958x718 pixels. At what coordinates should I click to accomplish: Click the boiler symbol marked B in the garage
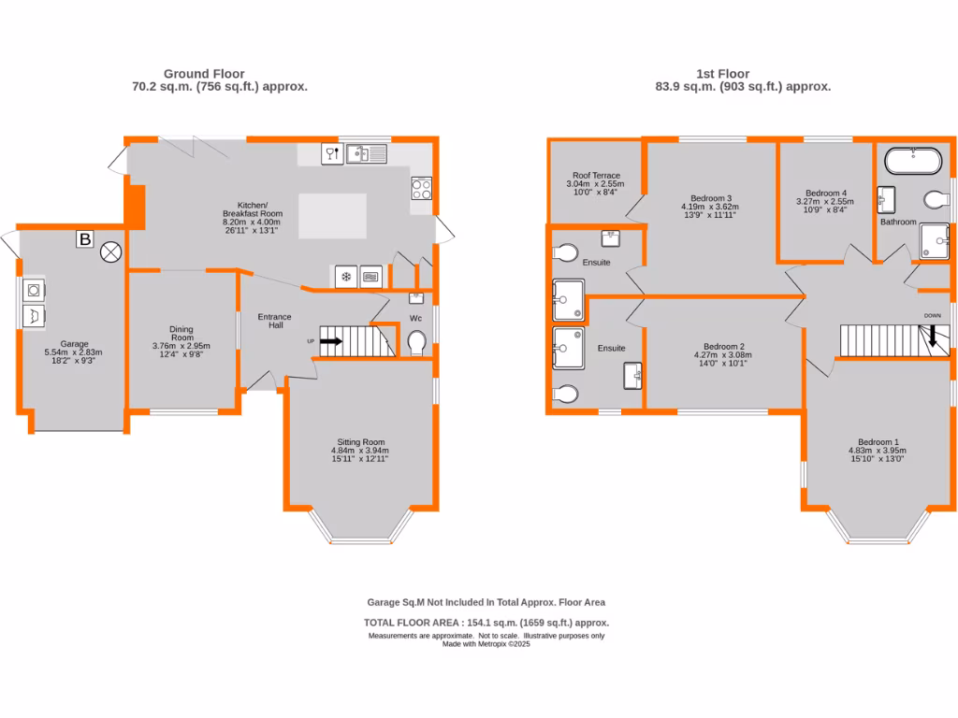[84, 239]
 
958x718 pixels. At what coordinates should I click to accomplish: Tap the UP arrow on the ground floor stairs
[330, 341]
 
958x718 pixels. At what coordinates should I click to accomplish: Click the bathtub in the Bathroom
[912, 161]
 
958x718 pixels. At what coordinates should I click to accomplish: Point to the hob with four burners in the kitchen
[421, 189]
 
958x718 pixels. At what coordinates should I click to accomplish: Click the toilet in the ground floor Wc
[418, 343]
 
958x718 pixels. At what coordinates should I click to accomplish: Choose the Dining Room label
[181, 334]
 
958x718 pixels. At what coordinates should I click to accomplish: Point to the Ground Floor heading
[204, 74]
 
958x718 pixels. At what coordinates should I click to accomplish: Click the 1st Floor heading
[722, 74]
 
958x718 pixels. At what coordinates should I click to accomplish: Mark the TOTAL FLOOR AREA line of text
[486, 623]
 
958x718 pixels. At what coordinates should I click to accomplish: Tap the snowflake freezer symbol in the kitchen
[345, 277]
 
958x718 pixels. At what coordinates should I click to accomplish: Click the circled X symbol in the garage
[111, 251]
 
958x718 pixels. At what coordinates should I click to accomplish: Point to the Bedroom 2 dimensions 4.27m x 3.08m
[722, 355]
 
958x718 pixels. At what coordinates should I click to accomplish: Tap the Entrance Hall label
[275, 320]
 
